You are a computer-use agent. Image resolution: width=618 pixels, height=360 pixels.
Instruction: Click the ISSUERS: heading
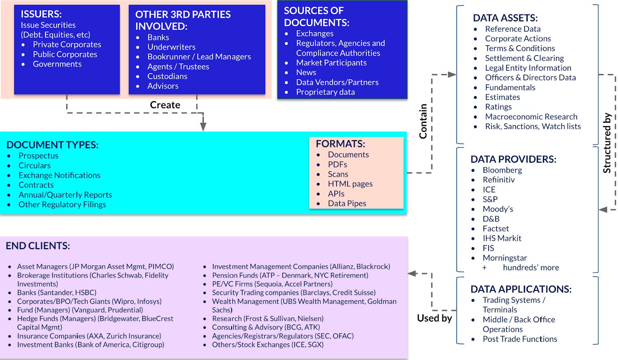[x=41, y=14]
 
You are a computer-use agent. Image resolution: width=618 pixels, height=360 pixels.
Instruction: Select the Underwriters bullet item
[x=171, y=47]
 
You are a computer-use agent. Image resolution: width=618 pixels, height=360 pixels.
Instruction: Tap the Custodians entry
[x=167, y=76]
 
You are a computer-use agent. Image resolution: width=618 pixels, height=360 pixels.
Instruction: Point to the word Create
[x=165, y=105]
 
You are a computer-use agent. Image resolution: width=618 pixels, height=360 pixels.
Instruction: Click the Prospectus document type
[x=38, y=156]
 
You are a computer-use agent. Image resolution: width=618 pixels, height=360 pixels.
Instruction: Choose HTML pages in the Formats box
[x=350, y=184]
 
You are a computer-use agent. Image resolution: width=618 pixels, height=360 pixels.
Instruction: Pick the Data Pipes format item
[x=347, y=203]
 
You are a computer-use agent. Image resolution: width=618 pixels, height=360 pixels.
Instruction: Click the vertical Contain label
[x=423, y=121]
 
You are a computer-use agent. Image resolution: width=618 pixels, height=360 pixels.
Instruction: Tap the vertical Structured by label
[x=607, y=143]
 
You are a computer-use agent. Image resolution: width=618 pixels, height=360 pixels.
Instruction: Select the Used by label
[x=434, y=318]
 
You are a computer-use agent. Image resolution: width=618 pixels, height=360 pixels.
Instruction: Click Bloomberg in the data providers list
[x=502, y=170]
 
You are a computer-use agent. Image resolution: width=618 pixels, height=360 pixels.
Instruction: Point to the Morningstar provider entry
[x=504, y=258]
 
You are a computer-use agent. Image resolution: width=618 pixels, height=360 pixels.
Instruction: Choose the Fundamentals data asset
[x=510, y=87]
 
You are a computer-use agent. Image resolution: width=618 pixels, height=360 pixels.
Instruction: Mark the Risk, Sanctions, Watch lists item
[x=533, y=126]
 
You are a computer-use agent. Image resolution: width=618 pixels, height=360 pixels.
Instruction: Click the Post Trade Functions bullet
[x=520, y=339]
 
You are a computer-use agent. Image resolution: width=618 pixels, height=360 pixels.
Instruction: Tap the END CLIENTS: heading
[x=38, y=246]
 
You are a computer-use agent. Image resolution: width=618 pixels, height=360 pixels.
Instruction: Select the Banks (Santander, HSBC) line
[x=57, y=293]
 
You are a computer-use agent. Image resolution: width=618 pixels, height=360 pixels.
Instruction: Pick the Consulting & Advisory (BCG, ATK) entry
[x=266, y=327]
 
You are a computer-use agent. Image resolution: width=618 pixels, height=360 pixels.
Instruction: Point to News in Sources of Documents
[x=306, y=72]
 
